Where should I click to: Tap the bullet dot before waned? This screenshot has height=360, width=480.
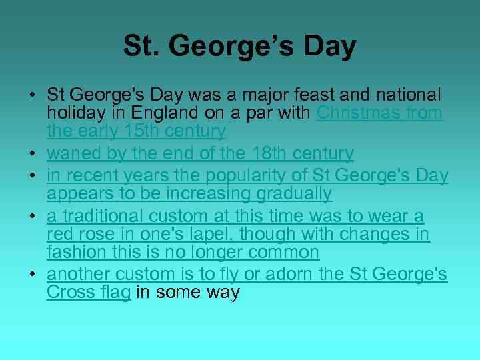coord(33,154)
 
